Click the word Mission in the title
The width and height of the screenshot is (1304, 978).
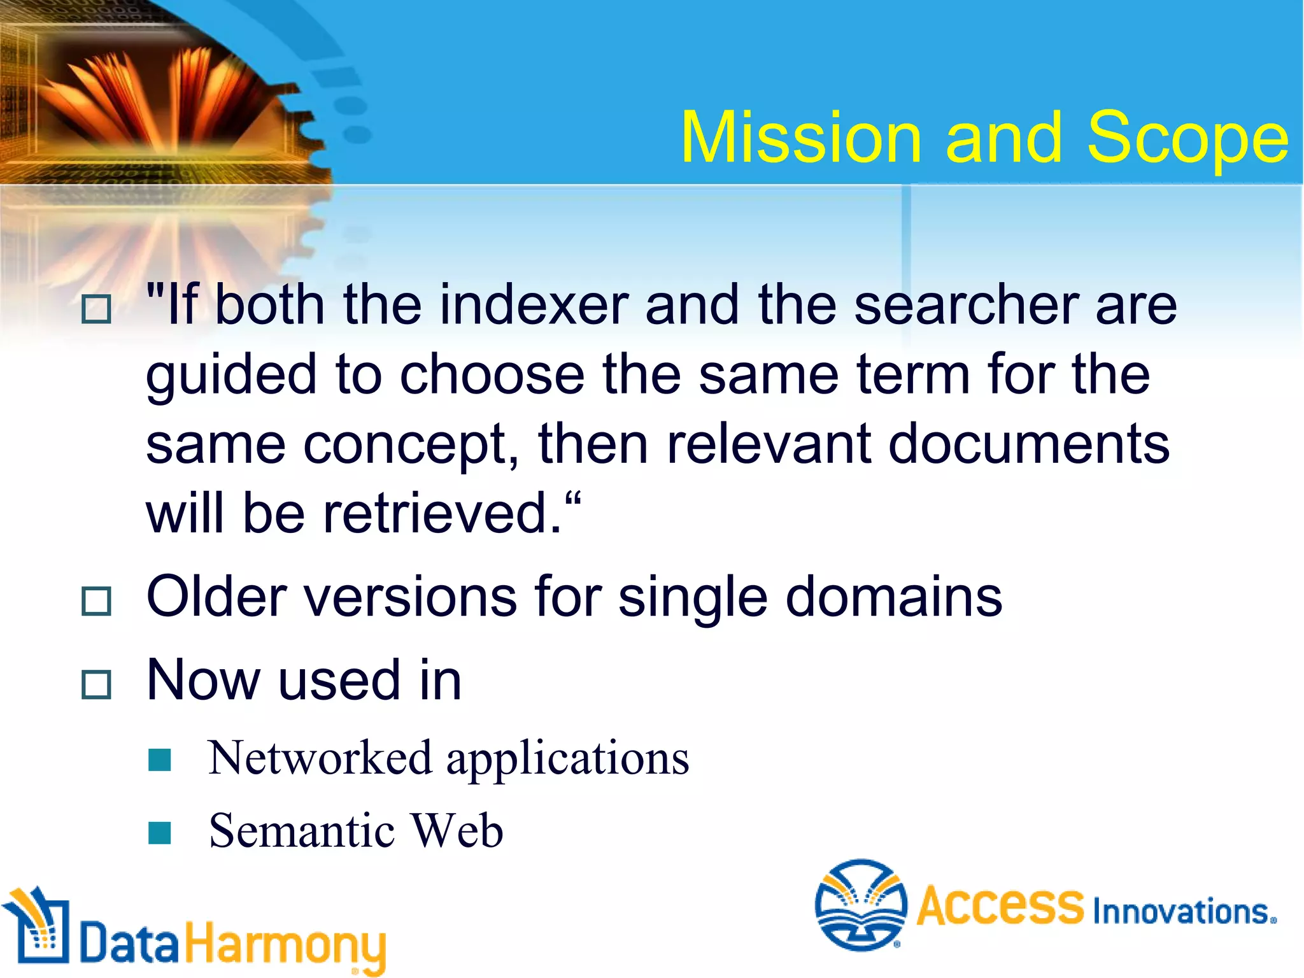[x=802, y=138]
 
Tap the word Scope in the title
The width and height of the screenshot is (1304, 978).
[x=1187, y=138]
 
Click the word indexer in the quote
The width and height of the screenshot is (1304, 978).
[x=534, y=306]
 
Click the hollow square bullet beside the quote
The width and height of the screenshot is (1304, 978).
[x=97, y=309]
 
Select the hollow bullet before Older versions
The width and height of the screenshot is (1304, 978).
[x=97, y=601]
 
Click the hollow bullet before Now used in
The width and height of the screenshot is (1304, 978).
[x=97, y=685]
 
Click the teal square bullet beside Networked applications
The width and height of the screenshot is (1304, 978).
[x=159, y=760]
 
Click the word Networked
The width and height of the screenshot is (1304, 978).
[x=320, y=758]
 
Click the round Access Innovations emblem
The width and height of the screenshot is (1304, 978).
[x=861, y=905]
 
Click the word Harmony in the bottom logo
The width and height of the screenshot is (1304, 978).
[x=285, y=946]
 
